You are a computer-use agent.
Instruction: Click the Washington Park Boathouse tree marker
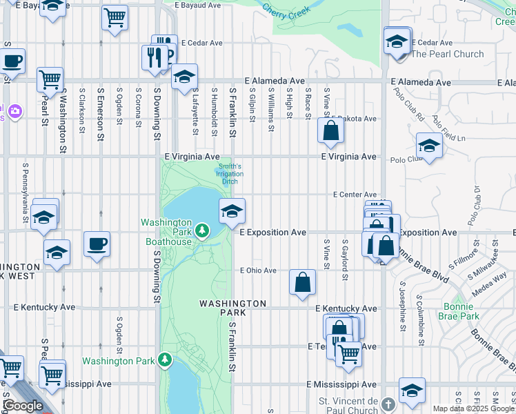pyautogui.click(x=201, y=230)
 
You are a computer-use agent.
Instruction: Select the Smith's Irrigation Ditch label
pyautogui.click(x=230, y=174)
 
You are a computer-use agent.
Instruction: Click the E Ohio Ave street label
pyautogui.click(x=258, y=270)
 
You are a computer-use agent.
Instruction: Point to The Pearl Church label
pyautogui.click(x=457, y=54)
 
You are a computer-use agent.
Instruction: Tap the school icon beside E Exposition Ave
pyautogui.click(x=232, y=212)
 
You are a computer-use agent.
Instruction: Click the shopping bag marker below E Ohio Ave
pyautogui.click(x=302, y=282)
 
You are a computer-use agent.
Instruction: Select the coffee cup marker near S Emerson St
pyautogui.click(x=97, y=244)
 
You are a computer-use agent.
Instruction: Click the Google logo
pyautogui.click(x=22, y=406)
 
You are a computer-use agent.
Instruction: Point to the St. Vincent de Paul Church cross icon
pyautogui.click(x=388, y=404)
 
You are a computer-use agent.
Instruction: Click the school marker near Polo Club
pyautogui.click(x=429, y=146)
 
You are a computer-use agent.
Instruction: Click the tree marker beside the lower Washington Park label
pyautogui.click(x=164, y=359)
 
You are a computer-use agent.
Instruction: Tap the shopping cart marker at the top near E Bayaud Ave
pyautogui.click(x=115, y=17)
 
